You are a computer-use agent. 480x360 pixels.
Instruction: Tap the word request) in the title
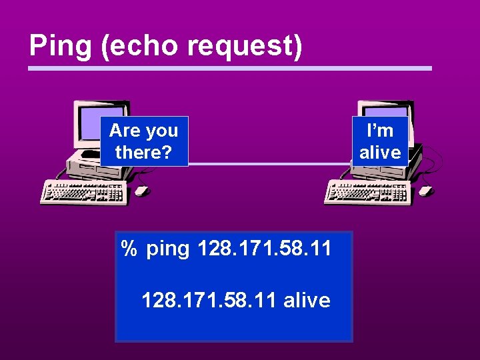point(245,45)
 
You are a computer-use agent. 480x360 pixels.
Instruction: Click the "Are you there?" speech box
point(144,141)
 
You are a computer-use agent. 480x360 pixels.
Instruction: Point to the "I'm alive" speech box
point(380,141)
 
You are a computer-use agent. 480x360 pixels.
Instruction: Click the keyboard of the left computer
point(83,191)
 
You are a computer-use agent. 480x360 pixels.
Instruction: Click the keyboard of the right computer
point(367,191)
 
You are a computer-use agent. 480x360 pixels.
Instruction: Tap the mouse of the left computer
point(141,191)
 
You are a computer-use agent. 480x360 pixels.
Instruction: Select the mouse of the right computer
point(425,191)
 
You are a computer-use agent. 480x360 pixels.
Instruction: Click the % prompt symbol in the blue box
point(129,249)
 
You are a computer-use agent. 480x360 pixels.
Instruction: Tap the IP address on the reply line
point(209,300)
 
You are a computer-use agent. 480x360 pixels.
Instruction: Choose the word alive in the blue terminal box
point(307,300)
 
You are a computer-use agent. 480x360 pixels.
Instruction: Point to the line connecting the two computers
point(267,164)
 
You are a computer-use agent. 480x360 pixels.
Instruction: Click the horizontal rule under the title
point(230,68)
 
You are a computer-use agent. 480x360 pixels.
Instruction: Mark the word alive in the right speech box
point(380,153)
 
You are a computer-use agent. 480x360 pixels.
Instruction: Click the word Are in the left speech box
point(123,130)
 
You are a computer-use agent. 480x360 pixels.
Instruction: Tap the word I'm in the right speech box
point(380,130)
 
